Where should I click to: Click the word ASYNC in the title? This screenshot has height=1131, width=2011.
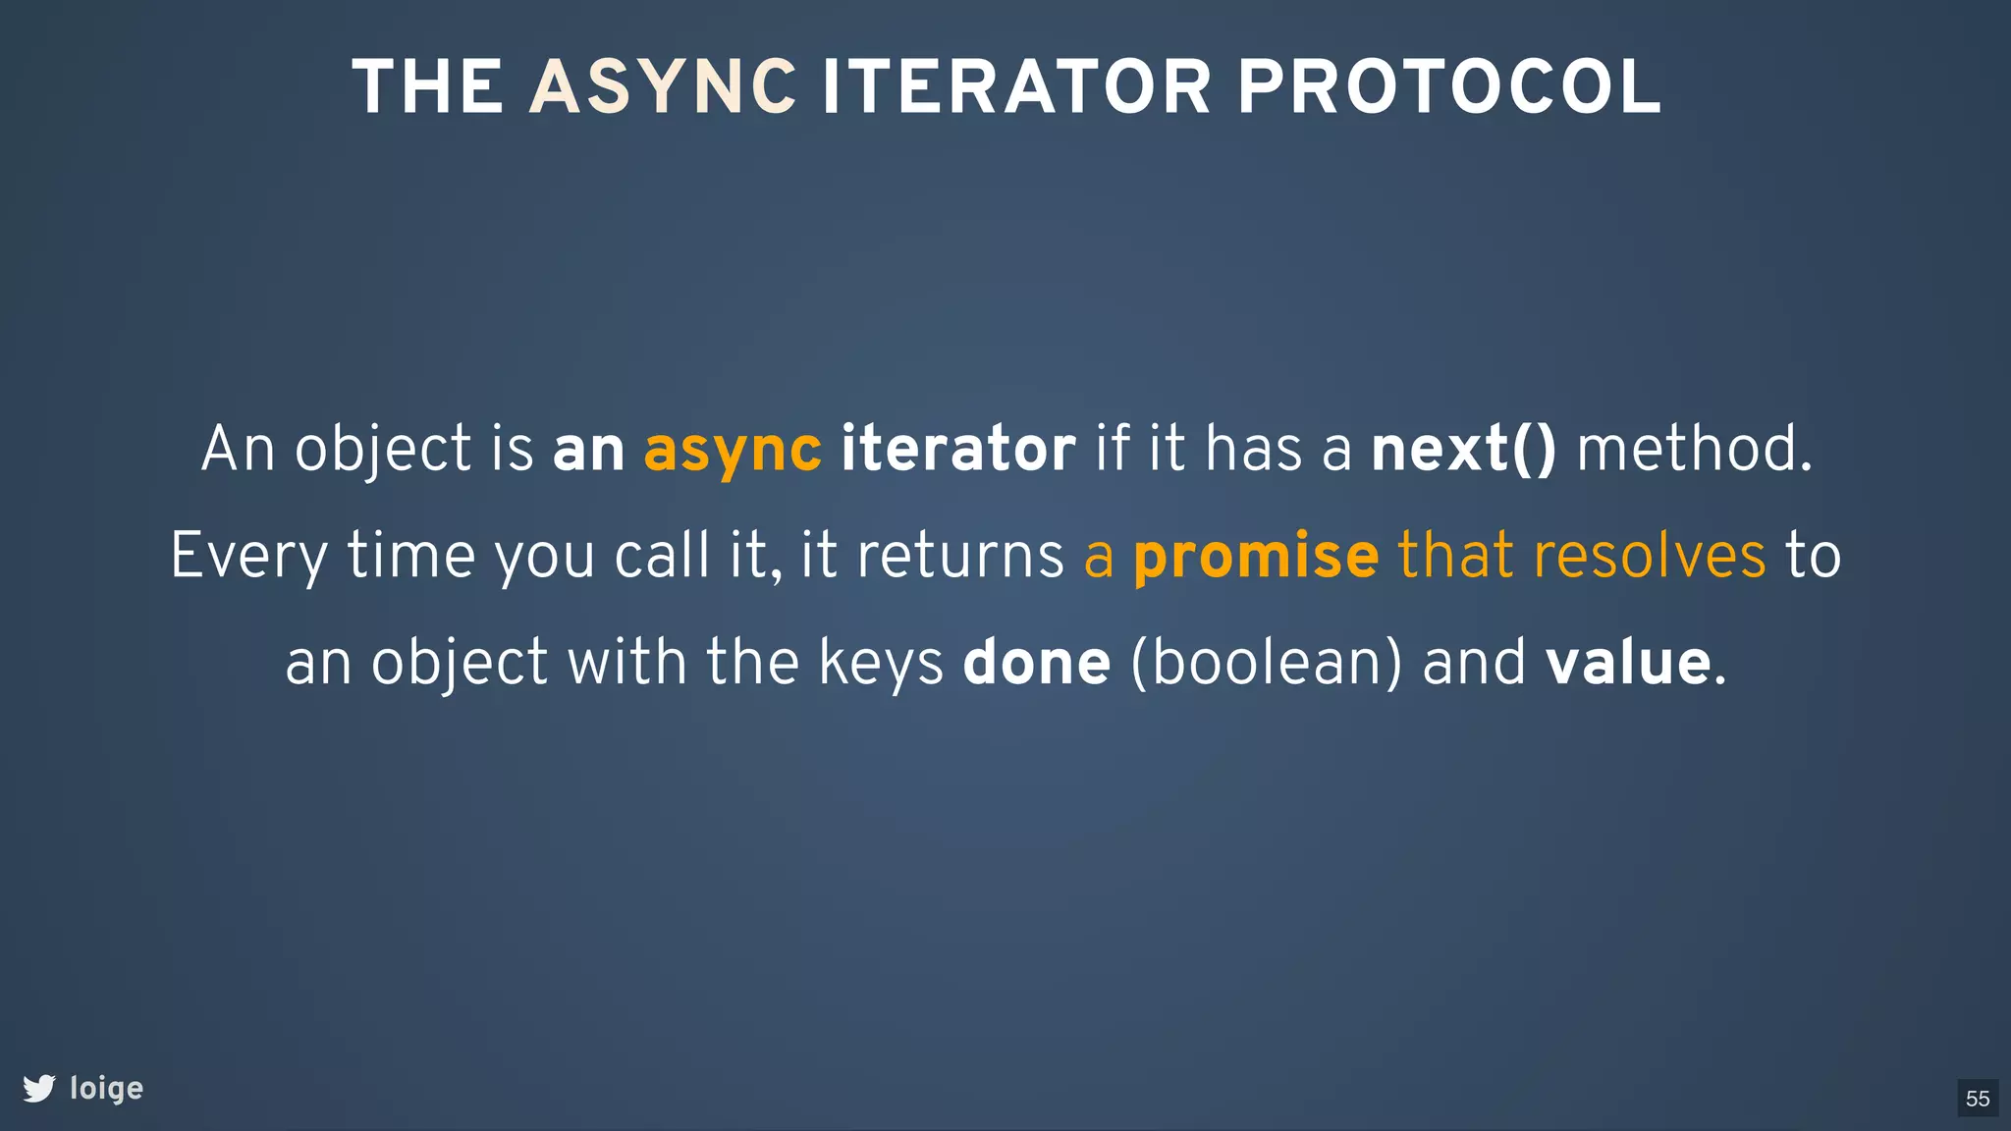pyautogui.click(x=663, y=88)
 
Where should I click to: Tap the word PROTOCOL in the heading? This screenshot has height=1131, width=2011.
pyautogui.click(x=1448, y=88)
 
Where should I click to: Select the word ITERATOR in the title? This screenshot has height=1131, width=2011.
pyautogui.click(x=1015, y=88)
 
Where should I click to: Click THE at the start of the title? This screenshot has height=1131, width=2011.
pyautogui.click(x=428, y=88)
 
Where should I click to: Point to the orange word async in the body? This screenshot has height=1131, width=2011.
pyautogui.click(x=733, y=451)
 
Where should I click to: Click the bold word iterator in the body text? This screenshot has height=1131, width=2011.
pyautogui.click(x=957, y=449)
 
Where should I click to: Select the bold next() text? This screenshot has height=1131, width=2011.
pyautogui.click(x=1463, y=449)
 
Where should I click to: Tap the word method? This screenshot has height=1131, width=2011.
pyautogui.click(x=1693, y=449)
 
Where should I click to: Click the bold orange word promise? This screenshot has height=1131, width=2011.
pyautogui.click(x=1256, y=557)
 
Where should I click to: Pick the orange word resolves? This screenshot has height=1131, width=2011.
pyautogui.click(x=1650, y=556)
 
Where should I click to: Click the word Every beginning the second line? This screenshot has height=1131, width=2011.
pyautogui.click(x=249, y=557)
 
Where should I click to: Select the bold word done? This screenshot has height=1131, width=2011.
pyautogui.click(x=1036, y=663)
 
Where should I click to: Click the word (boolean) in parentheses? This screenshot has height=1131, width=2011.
pyautogui.click(x=1267, y=663)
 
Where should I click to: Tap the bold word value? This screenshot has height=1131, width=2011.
pyautogui.click(x=1629, y=663)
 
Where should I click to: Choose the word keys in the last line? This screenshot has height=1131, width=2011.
pyautogui.click(x=881, y=663)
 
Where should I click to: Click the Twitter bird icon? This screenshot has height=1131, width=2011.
pyautogui.click(x=39, y=1088)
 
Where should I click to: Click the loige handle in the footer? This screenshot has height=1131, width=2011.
pyautogui.click(x=106, y=1089)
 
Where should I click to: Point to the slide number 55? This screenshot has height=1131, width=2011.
pyautogui.click(x=1978, y=1098)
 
